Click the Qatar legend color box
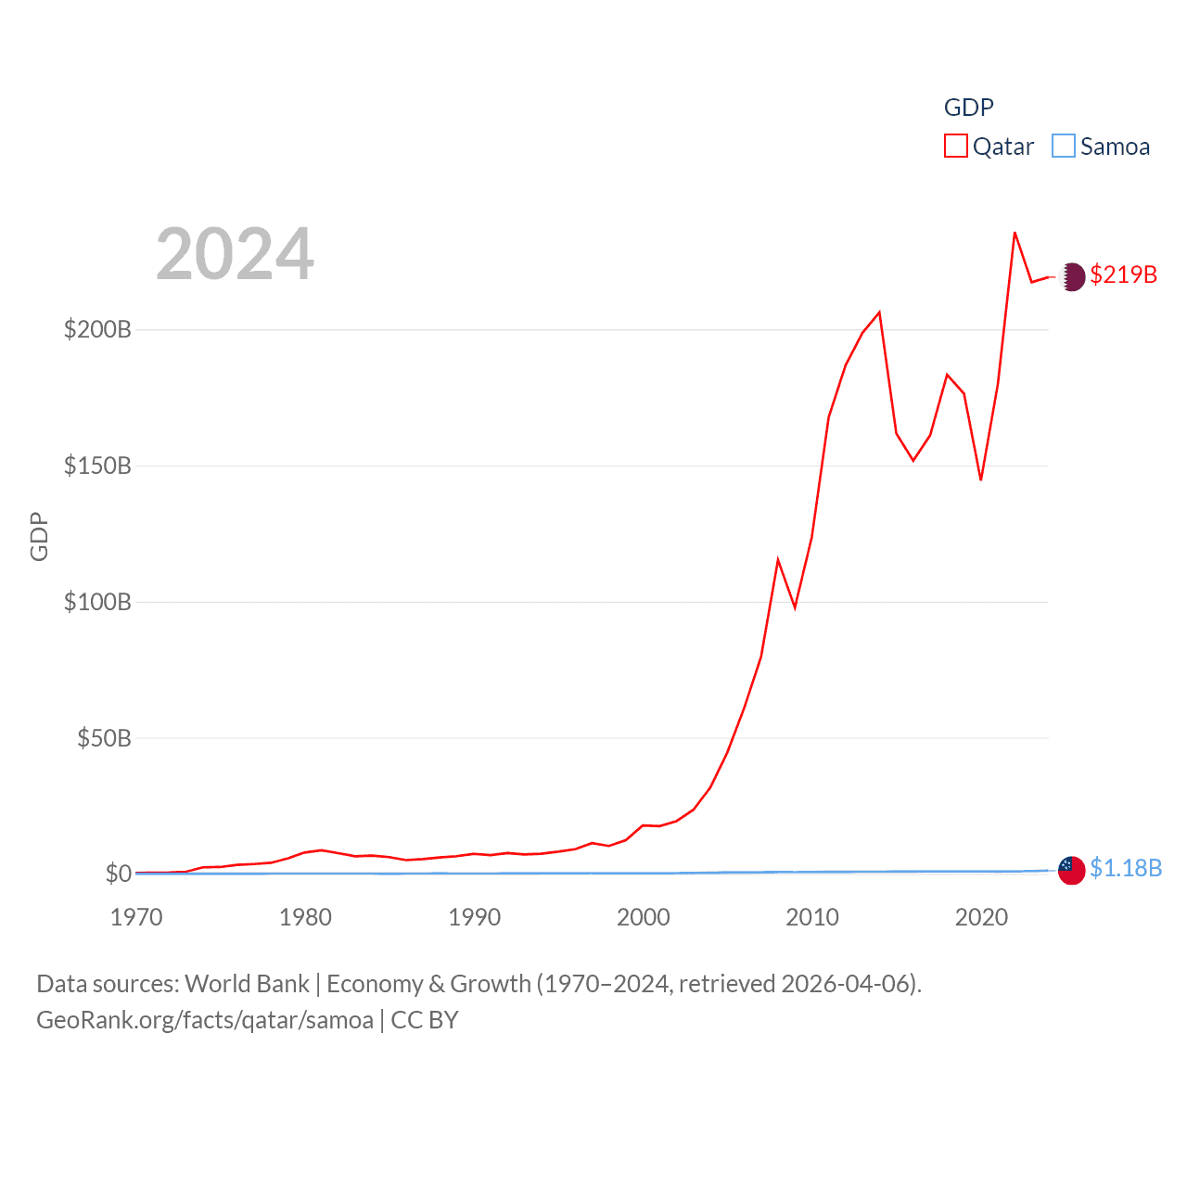(956, 147)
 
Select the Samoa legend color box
(1064, 147)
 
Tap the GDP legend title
(968, 108)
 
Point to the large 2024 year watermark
(235, 254)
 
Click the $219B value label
(1123, 274)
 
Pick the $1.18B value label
(1125, 868)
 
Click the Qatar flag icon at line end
(1072, 276)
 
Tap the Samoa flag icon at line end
(1072, 870)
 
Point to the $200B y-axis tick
(97, 329)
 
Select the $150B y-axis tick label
(97, 466)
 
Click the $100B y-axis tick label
(97, 602)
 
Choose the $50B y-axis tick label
(104, 738)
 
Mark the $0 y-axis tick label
(118, 874)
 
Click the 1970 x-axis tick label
(136, 917)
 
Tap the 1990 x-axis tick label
(474, 917)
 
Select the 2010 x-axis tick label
(812, 917)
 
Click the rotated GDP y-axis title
(39, 536)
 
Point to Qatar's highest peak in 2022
(1015, 233)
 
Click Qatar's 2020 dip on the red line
(980, 479)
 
